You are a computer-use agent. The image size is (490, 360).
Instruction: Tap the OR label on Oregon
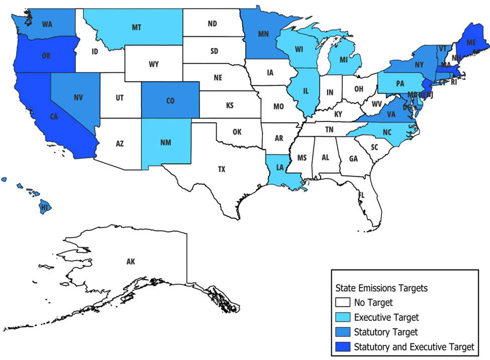coord(46,56)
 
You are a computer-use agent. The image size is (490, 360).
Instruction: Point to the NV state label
coord(78,98)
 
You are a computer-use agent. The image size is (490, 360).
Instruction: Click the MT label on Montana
coord(136,27)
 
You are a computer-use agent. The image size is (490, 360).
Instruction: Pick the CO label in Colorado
coord(170,100)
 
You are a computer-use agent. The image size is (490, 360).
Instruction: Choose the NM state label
coord(166,143)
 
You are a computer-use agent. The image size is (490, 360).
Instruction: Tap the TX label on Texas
coord(222,169)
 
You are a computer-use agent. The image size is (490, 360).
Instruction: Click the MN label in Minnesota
coord(263,35)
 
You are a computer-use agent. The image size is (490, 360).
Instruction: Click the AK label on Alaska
coord(131,261)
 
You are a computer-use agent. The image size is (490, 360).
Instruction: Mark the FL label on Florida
coord(361,194)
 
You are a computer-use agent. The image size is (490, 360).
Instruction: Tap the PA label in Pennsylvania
coord(400,84)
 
